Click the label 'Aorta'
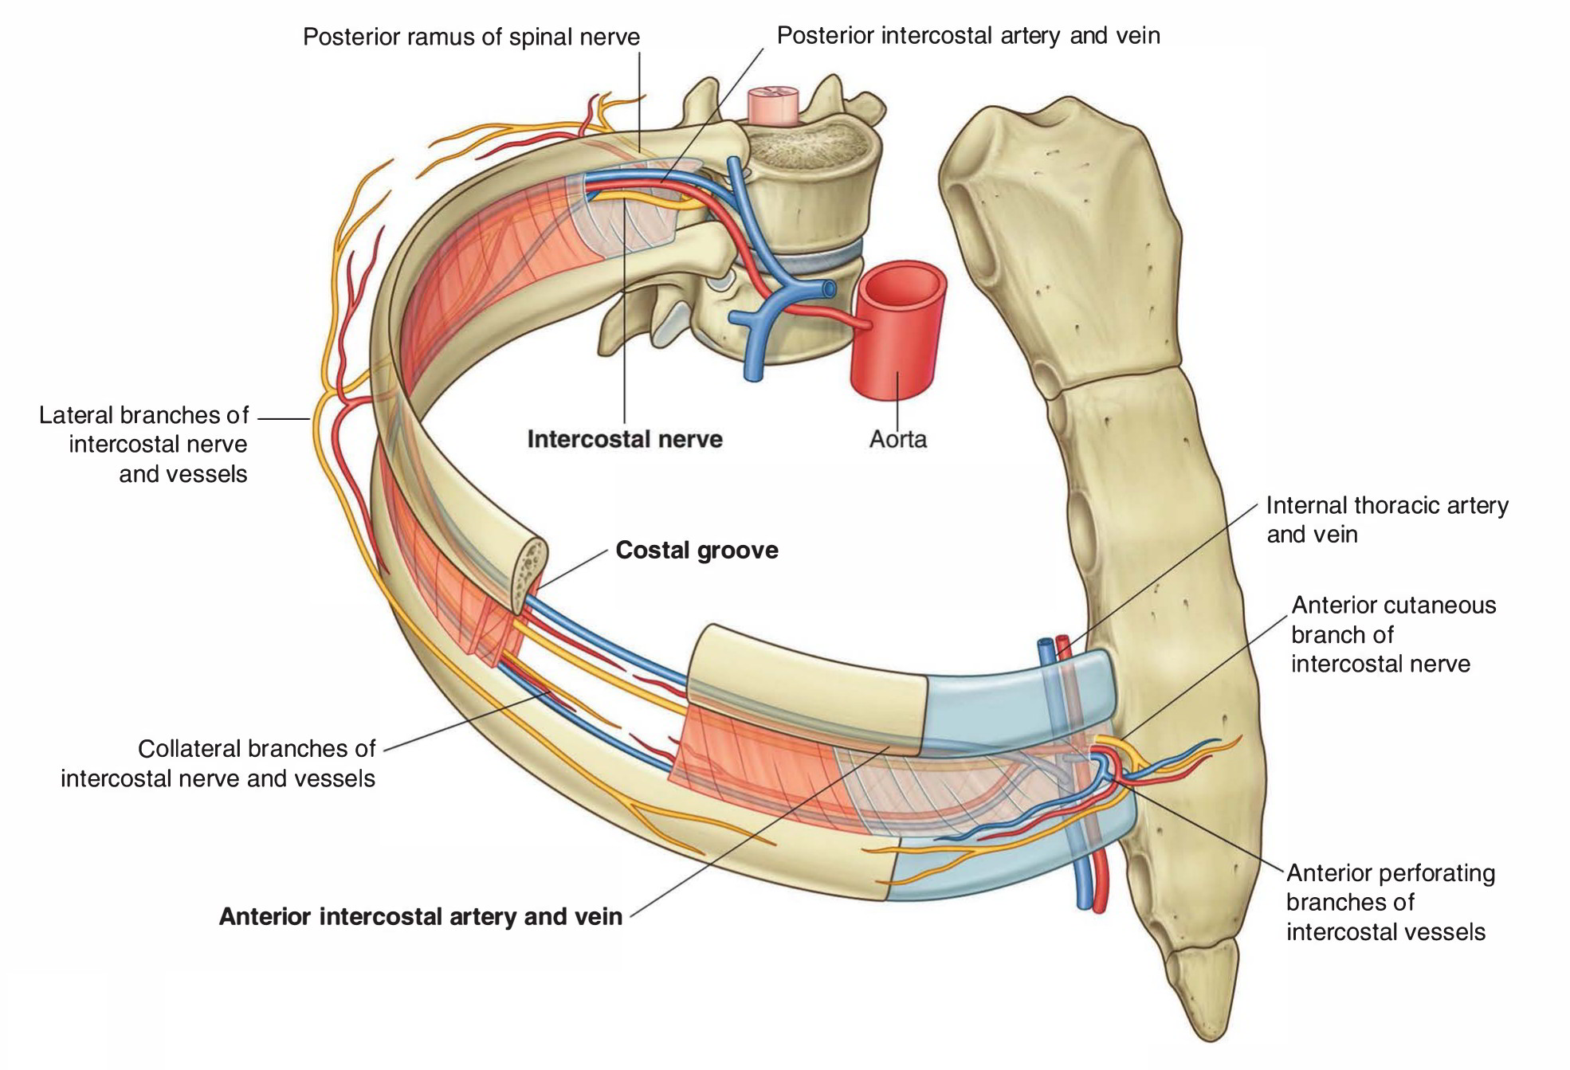pyautogui.click(x=897, y=439)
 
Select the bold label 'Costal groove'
pyautogui.click(x=697, y=551)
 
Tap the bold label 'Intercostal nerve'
pyautogui.click(x=625, y=439)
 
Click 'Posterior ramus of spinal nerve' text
pyautogui.click(x=471, y=37)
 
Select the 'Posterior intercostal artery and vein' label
pyautogui.click(x=968, y=36)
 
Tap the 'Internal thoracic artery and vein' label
pyautogui.click(x=1387, y=519)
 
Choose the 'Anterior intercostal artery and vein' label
pyautogui.click(x=421, y=917)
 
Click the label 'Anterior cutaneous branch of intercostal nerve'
pyautogui.click(x=1393, y=634)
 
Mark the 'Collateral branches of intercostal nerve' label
pyautogui.click(x=218, y=763)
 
